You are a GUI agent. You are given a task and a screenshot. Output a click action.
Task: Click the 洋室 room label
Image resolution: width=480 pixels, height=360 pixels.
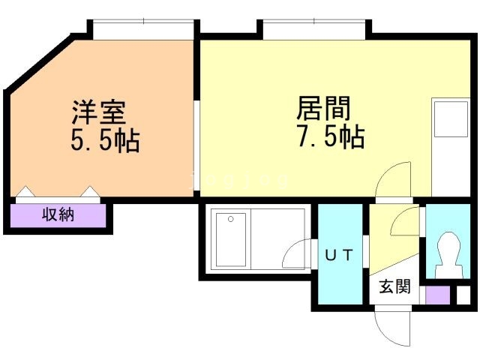coord(99,112)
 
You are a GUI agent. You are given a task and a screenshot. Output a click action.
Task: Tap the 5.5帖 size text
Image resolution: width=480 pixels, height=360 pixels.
coord(106,140)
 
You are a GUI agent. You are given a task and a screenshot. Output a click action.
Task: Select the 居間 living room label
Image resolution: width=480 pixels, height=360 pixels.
coord(323,108)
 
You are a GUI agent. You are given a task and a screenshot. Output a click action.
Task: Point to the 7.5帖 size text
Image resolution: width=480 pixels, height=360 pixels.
coord(331,136)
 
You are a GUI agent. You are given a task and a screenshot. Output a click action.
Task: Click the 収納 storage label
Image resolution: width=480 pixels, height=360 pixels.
coord(58,214)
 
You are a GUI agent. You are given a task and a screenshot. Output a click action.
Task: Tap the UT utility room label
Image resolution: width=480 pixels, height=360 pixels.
coord(339,255)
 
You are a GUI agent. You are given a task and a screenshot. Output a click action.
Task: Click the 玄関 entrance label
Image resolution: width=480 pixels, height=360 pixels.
coord(395,286)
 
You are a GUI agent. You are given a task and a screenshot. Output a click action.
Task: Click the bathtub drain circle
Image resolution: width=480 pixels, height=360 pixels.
coord(231,219)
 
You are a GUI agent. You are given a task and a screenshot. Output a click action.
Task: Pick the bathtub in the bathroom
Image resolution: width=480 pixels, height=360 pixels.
coord(231,240)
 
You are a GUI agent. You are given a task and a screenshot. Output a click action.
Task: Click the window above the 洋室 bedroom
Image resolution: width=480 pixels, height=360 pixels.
coord(143,30)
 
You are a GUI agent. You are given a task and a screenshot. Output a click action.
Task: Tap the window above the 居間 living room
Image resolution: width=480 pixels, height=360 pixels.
coord(314,30)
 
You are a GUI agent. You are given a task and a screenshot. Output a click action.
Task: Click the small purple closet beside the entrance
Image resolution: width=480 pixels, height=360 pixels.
coord(438,295)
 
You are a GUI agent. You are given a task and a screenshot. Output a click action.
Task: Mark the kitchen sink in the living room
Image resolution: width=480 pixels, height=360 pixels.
coord(451,119)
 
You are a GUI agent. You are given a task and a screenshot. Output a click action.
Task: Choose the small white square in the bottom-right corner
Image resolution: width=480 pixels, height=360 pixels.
coord(463,295)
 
